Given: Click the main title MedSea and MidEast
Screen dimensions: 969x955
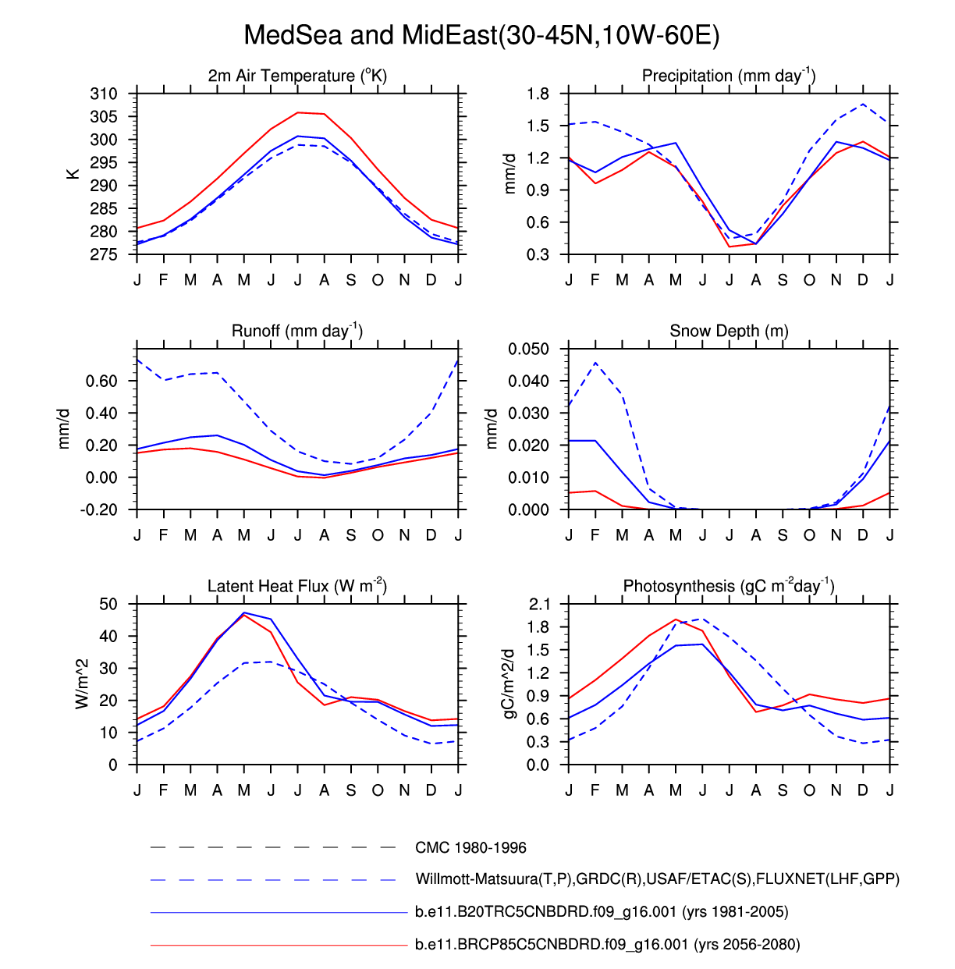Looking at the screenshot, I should [481, 35].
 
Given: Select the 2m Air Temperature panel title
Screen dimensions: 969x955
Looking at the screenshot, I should [297, 76].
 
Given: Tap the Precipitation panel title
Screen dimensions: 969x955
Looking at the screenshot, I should [729, 76].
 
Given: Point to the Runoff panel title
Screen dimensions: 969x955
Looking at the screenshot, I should [297, 331].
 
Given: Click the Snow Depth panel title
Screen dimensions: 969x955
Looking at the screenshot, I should [729, 331].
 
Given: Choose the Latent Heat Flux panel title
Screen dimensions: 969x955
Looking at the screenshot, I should [297, 586].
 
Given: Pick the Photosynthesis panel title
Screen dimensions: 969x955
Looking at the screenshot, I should [729, 586].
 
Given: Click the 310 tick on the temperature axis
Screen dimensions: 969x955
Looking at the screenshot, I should [104, 94].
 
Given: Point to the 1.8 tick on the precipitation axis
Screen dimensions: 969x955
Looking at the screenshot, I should [538, 94].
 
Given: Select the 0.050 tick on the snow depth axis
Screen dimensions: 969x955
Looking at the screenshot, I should [529, 349].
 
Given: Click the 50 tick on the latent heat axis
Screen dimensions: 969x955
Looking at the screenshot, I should [108, 604].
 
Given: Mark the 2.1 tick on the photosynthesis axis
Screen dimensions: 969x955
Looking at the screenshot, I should [538, 604].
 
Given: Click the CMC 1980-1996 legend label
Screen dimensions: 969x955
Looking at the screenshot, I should [470, 847].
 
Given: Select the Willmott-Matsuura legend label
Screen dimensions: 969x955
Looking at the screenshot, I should [657, 879].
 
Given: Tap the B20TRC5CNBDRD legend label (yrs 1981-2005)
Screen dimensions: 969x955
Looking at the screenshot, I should [602, 912].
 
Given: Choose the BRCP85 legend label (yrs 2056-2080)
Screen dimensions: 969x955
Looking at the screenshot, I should [608, 945].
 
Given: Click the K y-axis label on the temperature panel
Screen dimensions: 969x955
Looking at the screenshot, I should [73, 174].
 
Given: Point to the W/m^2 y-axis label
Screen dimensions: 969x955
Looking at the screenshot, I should [82, 684].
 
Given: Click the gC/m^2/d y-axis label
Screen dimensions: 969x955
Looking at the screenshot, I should [509, 684].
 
